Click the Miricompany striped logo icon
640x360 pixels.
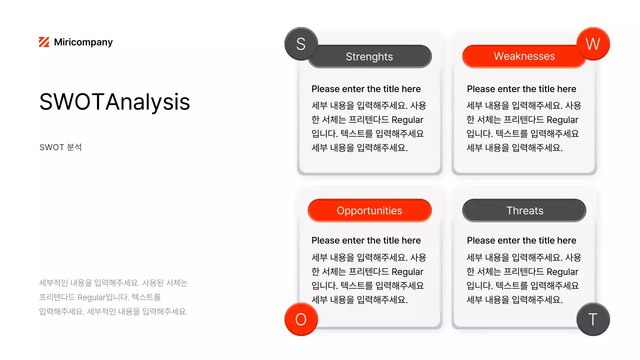44,42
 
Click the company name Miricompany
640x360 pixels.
83,42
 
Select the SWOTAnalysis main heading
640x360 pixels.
114,102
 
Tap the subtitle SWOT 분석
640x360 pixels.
60,147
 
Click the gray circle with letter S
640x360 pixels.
301,44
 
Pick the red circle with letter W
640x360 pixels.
593,44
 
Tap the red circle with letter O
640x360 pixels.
301,319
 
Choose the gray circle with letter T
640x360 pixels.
593,319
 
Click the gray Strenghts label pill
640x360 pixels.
369,56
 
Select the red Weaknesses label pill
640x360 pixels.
524,56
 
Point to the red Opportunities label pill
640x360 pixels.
369,210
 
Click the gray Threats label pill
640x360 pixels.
524,210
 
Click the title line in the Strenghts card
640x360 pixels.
366,89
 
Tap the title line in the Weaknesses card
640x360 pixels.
521,89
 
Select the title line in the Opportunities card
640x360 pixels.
366,240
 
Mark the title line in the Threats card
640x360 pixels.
521,240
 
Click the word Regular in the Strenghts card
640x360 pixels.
407,120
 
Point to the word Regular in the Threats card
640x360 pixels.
562,272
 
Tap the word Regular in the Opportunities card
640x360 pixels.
407,272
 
